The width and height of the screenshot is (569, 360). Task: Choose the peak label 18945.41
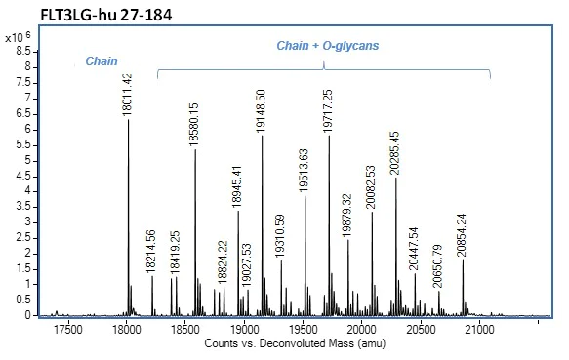coord(238,180)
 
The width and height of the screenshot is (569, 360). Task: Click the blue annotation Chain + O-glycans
coord(315,45)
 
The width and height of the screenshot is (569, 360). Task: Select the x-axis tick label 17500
coord(67,331)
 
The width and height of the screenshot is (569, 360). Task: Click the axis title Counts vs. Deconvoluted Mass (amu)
coord(283,345)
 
